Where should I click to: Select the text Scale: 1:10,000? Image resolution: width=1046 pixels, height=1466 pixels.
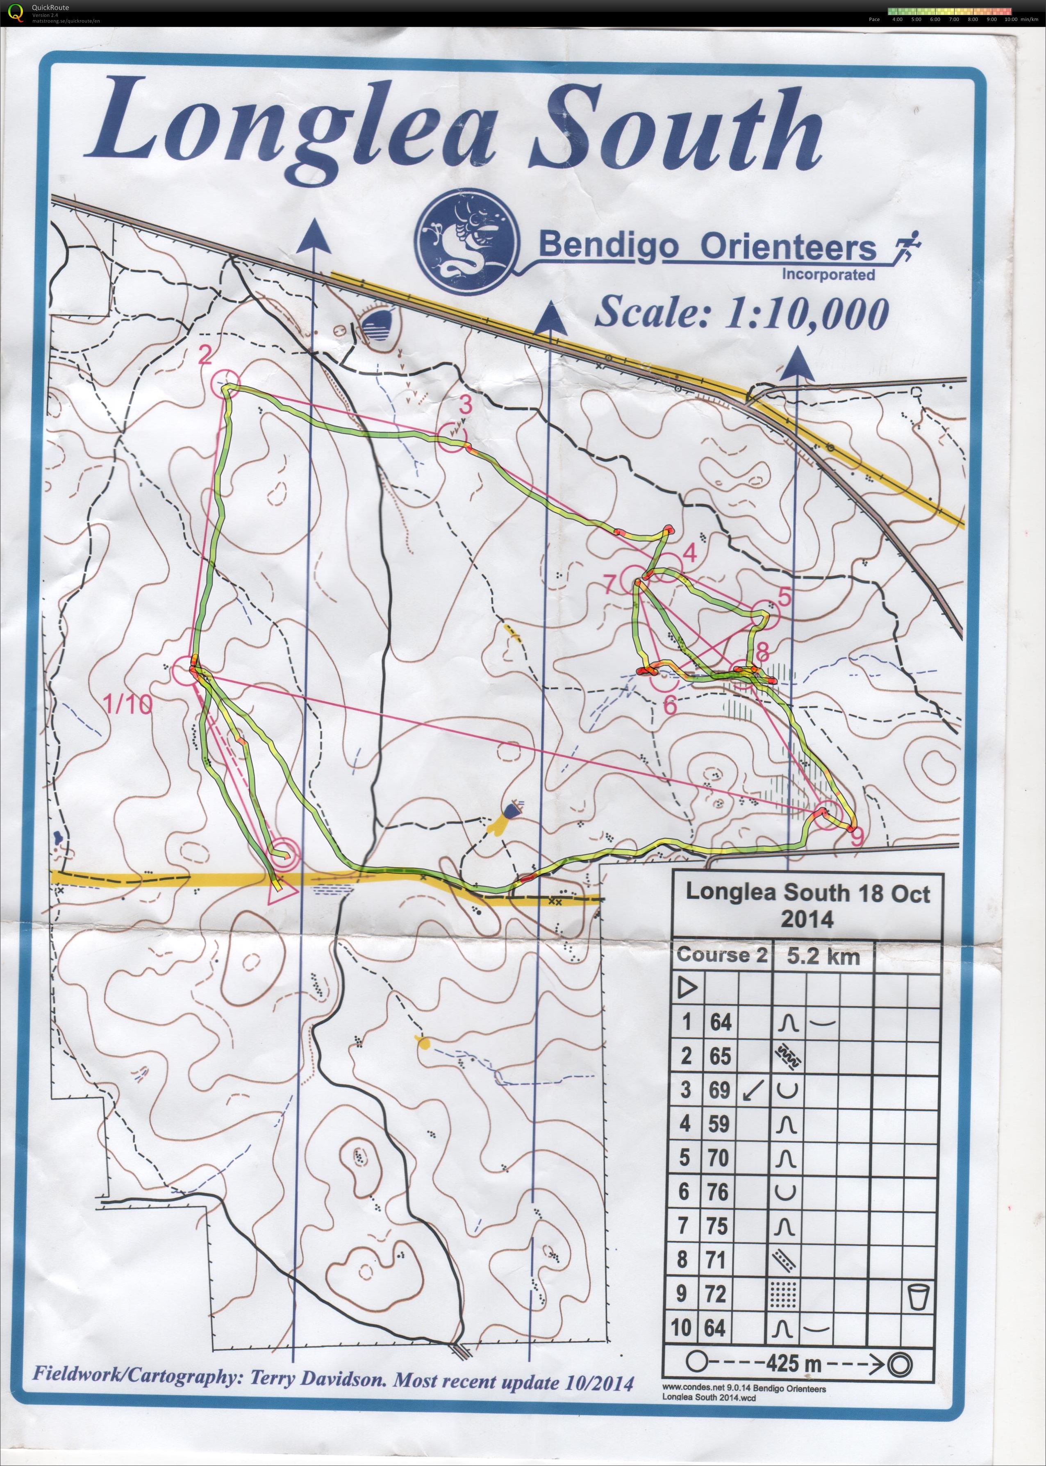[x=741, y=314]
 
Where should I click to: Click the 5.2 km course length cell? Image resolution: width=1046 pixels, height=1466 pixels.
[x=823, y=957]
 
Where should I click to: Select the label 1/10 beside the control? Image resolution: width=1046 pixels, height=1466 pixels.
[x=128, y=705]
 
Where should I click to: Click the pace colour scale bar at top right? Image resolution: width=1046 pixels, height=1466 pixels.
[x=949, y=11]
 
